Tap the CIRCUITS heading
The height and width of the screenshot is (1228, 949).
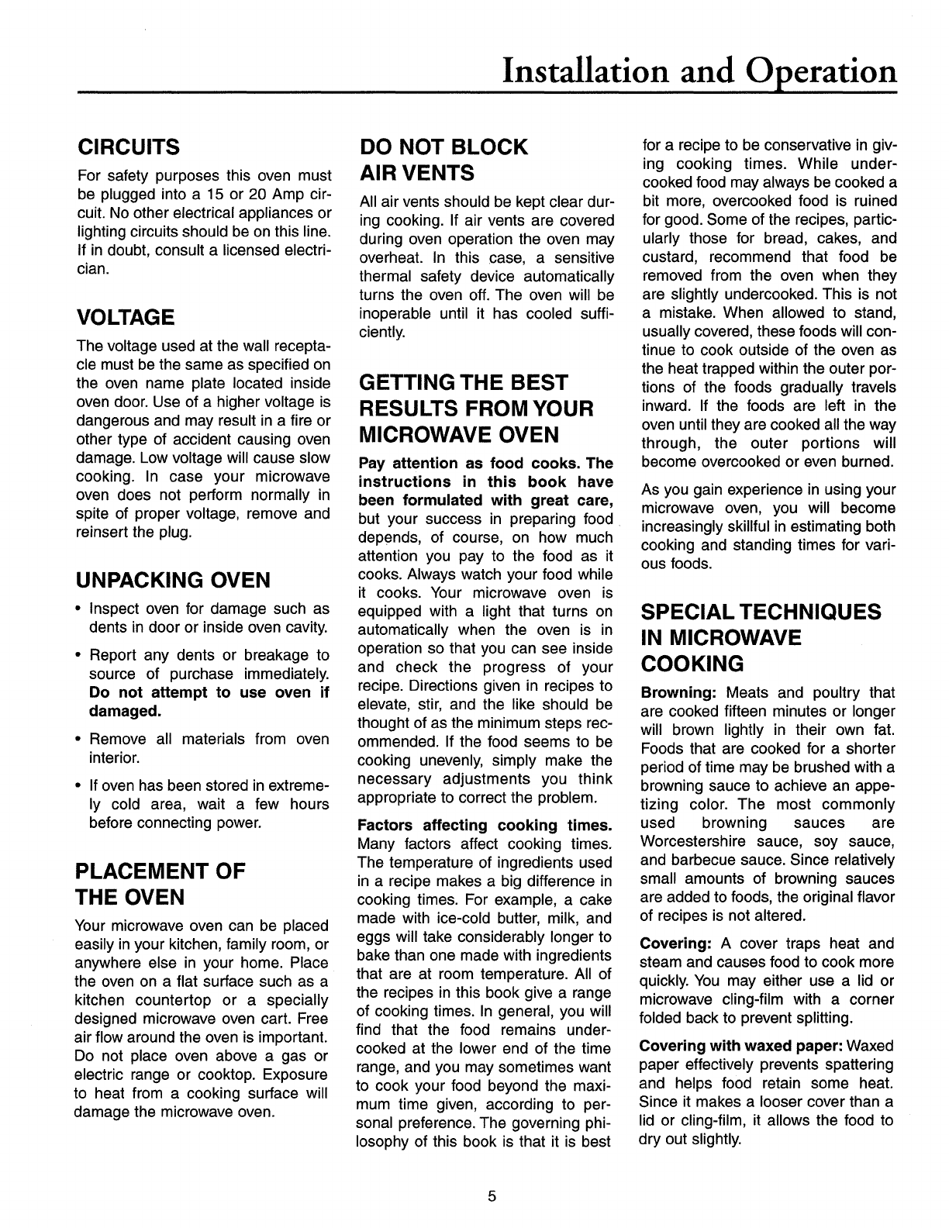pyautogui.click(x=127, y=147)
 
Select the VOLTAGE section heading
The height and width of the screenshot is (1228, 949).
pyautogui.click(x=124, y=317)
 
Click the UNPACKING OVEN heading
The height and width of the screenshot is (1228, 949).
pyautogui.click(x=172, y=580)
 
